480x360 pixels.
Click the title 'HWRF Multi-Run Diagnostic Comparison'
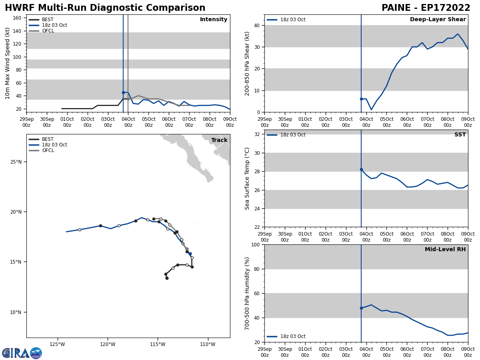click(x=105, y=8)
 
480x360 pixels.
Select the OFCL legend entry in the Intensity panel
click(x=48, y=31)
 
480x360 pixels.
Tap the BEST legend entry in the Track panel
click(x=48, y=139)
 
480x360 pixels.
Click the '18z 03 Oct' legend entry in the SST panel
click(x=292, y=135)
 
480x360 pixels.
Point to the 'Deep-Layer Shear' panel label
click(x=438, y=20)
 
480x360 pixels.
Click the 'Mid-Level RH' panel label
click(x=445, y=250)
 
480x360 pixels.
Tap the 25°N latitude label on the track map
click(x=16, y=162)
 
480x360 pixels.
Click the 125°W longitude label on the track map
click(x=58, y=344)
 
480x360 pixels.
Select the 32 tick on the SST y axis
click(x=257, y=134)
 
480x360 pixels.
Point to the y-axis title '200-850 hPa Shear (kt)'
click(x=248, y=63)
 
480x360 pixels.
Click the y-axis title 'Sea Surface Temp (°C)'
click(x=248, y=178)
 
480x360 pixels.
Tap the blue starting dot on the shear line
click(x=361, y=99)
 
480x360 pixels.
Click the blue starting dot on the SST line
click(x=361, y=169)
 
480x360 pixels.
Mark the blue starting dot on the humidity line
click(x=361, y=308)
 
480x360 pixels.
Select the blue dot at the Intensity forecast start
click(x=123, y=92)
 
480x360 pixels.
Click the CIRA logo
click(x=22, y=353)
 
